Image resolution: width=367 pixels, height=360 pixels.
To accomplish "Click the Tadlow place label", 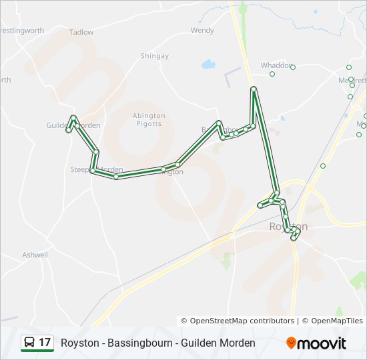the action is [x=81, y=32].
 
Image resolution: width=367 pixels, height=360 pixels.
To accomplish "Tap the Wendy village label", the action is [x=202, y=30].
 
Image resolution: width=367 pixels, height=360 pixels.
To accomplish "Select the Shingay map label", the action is [x=154, y=56].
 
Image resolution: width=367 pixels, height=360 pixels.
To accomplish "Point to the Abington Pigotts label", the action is [x=148, y=119].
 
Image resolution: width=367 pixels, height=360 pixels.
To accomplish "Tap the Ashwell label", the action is [x=35, y=255].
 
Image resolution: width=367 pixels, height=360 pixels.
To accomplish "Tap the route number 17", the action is [x=45, y=343].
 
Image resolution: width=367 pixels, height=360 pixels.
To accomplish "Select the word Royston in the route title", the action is [x=78, y=343].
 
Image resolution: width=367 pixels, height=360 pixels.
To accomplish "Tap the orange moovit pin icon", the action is [x=291, y=343].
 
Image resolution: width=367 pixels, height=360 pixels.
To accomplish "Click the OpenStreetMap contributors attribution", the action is [x=238, y=321].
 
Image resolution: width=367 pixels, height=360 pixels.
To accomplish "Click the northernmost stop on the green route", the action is [x=254, y=89].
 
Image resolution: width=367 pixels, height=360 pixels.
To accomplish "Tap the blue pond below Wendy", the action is [x=208, y=65].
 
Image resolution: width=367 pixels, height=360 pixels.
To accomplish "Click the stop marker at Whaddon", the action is [x=292, y=67].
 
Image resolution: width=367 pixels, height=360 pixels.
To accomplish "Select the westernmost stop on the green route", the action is [x=68, y=130].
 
